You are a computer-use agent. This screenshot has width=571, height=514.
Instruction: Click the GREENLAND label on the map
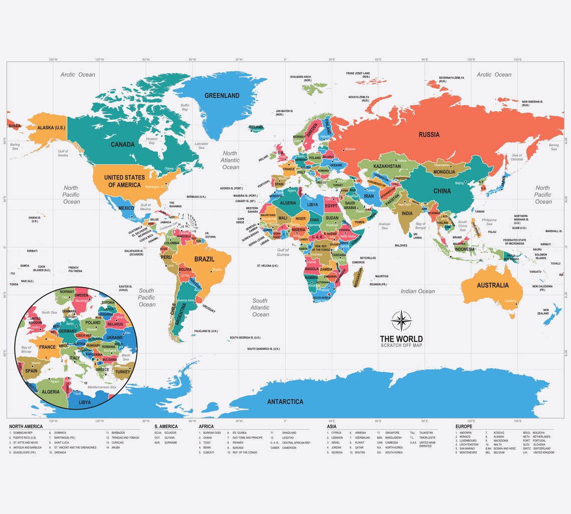[x=222, y=95]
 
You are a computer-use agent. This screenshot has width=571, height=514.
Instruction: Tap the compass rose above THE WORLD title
[x=401, y=321]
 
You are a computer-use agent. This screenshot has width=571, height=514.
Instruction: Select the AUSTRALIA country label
[x=492, y=285]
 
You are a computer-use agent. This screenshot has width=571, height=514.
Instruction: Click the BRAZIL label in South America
[x=204, y=259]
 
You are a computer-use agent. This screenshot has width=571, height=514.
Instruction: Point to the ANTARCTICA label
[x=285, y=401]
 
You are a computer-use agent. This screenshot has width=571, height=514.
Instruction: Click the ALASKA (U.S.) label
[x=52, y=128]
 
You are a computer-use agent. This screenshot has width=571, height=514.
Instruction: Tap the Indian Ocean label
[x=418, y=291]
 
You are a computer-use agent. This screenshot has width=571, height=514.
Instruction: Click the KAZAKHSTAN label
[x=387, y=166]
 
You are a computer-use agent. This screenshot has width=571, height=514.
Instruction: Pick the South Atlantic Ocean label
[x=260, y=308]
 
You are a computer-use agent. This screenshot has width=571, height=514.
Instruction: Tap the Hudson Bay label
[x=152, y=140]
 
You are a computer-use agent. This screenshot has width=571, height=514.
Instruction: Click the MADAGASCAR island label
[x=358, y=276]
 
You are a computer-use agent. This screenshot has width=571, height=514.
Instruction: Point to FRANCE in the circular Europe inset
[x=48, y=347]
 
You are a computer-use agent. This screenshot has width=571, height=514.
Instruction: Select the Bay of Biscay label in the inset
[x=26, y=350]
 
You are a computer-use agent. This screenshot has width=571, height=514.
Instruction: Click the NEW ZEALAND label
[x=546, y=312]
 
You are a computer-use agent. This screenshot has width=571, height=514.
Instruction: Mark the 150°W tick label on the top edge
[x=53, y=60]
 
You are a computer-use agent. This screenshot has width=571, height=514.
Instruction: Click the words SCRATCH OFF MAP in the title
[x=401, y=346]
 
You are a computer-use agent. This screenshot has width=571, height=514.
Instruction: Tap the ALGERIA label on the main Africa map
[x=288, y=203]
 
